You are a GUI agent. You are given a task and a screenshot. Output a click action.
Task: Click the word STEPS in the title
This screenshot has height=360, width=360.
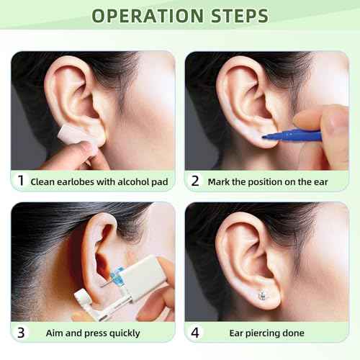click(233, 16)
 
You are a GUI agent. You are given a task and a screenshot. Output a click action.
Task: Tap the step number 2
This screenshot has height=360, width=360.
click(194, 181)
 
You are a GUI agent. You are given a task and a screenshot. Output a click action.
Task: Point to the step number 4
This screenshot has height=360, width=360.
click(194, 333)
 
